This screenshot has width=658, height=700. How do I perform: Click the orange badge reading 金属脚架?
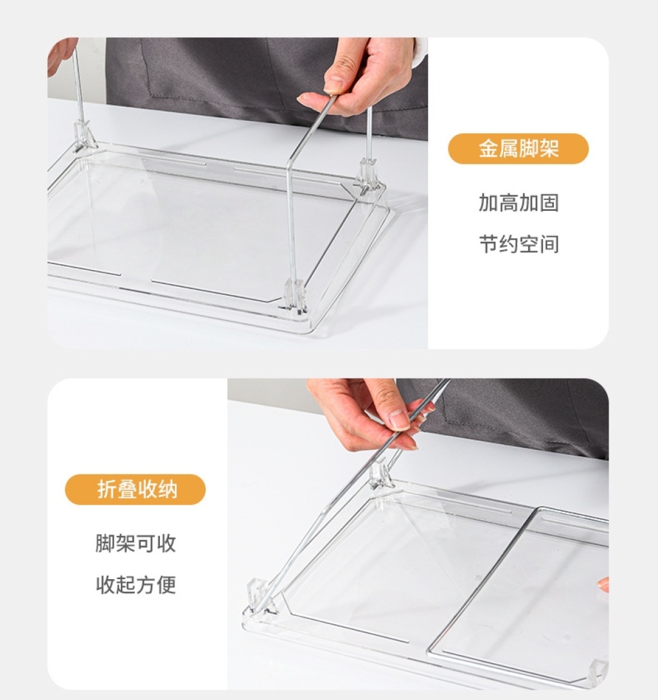pos(519,148)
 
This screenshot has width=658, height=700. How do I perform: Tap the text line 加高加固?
pos(519,202)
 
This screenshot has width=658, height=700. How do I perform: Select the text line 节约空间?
pos(519,244)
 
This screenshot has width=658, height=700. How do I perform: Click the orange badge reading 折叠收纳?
pos(135,490)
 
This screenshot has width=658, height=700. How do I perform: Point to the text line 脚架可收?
pos(136,543)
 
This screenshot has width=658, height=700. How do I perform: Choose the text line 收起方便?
pos(136,585)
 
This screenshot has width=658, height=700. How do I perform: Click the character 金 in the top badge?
pos(488,148)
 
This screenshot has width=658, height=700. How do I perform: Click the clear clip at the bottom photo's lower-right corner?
pos(599,671)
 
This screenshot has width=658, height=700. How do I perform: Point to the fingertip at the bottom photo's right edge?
pos(603,584)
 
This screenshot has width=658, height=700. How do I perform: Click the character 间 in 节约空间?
pos(549,244)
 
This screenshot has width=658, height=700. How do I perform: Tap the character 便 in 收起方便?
pos(166,585)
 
